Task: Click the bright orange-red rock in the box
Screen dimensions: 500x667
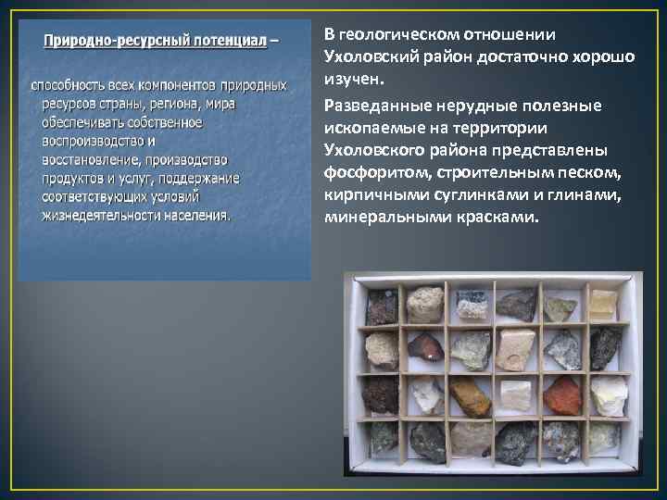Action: pyautogui.click(x=562, y=395)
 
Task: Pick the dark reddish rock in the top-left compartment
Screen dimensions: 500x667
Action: pyautogui.click(x=381, y=306)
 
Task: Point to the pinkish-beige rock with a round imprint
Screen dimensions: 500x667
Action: pyautogui.click(x=515, y=349)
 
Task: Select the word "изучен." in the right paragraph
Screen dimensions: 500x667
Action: pyautogui.click(x=348, y=80)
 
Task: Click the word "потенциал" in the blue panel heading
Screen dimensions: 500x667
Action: pyautogui.click(x=233, y=42)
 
